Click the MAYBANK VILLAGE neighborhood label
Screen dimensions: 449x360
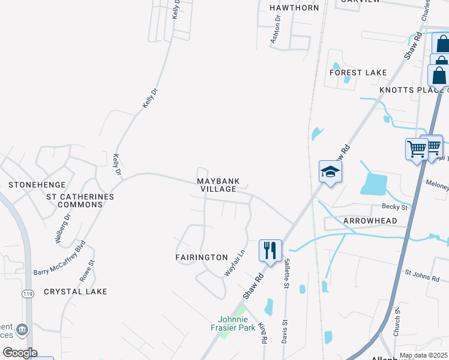[218, 185]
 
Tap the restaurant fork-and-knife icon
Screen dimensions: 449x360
[270, 250]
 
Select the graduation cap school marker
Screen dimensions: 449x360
[330, 172]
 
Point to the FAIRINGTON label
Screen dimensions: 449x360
[202, 257]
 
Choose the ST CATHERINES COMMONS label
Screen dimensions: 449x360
[80, 200]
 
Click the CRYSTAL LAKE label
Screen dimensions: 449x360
[76, 292]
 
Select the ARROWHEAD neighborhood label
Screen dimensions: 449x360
[370, 221]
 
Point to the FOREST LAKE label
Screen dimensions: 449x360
[358, 73]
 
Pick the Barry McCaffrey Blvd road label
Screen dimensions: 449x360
[60, 258]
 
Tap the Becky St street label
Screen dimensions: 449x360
[395, 207]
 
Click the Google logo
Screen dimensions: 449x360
[20, 353]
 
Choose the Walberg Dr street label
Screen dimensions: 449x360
[63, 227]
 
